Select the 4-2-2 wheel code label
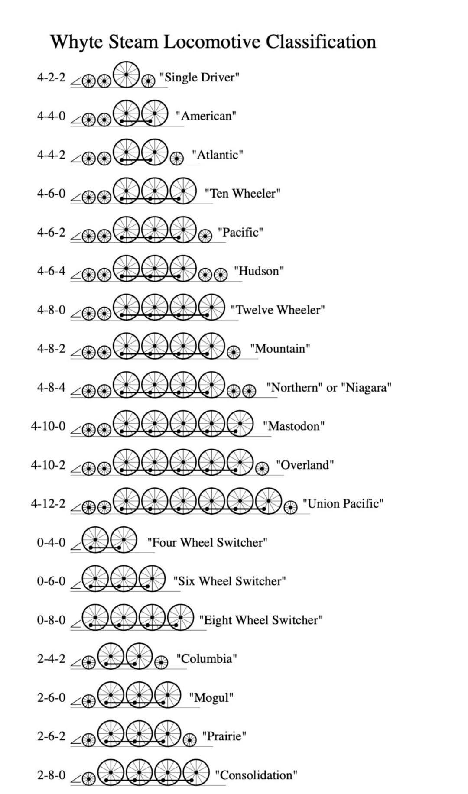click(51, 78)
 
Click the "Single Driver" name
click(199, 78)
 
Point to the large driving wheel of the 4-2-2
click(126, 75)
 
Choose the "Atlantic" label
click(218, 155)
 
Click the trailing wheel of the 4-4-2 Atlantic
click(176, 159)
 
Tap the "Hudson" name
click(259, 271)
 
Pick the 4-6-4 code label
click(51, 271)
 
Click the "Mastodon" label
click(294, 426)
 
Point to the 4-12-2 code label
click(48, 504)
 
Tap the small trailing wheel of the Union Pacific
click(290, 507)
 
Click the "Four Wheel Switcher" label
click(207, 542)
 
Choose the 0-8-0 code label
click(51, 620)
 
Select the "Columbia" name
click(206, 659)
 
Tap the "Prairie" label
click(224, 736)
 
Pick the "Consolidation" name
click(256, 775)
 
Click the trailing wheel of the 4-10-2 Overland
click(261, 468)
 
